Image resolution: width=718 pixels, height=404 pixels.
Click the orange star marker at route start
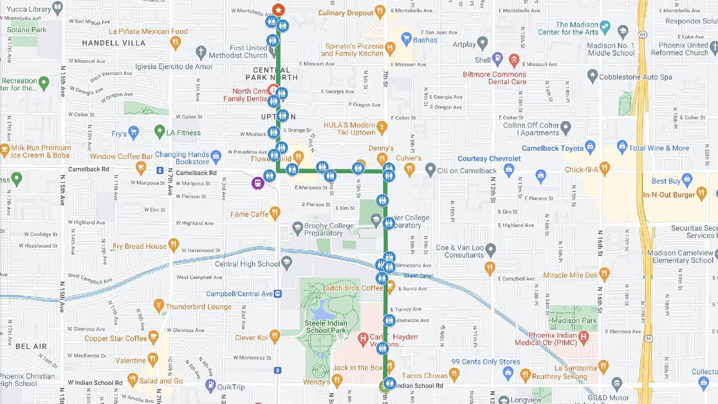pos(278,10)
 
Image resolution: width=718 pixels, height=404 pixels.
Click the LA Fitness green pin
pos(160,132)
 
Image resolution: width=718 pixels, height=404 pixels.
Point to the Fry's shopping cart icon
pos(133,133)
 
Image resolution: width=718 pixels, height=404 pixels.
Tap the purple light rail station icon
pos(257,183)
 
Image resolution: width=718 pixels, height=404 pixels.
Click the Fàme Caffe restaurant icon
pos(274,213)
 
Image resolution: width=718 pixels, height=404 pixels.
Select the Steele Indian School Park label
pos(325,327)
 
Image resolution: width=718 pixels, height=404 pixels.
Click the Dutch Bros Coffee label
pos(353,288)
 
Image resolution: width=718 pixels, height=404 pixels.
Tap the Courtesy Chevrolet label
pos(489,159)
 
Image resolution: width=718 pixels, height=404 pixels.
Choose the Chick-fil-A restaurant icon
pos(604,167)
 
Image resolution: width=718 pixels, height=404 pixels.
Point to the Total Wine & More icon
pos(622,148)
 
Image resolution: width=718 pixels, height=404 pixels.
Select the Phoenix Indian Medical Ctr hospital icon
pos(583,337)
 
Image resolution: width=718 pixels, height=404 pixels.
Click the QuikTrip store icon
pos(210,385)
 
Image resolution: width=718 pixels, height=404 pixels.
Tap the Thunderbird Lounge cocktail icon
pos(159,306)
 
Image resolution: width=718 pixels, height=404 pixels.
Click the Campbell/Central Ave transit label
pos(239,293)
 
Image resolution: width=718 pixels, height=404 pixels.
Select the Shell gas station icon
pos(497,58)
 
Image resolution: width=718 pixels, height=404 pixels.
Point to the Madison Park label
pos(573,320)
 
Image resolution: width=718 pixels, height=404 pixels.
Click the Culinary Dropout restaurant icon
pos(380,11)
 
